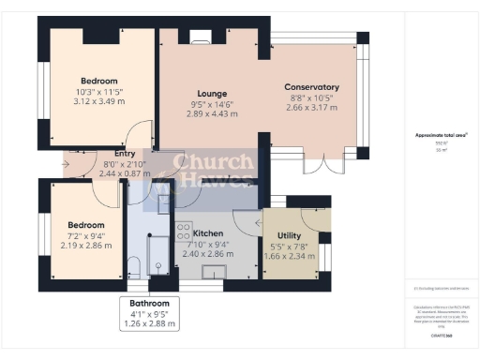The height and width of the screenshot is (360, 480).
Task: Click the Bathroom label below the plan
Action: [149, 304]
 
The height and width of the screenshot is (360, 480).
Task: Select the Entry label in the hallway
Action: [125, 154]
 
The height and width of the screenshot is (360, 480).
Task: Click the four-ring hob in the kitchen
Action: [184, 232]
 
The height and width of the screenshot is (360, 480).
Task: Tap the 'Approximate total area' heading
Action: [439, 135]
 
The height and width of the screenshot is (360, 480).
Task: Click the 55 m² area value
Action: [439, 151]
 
